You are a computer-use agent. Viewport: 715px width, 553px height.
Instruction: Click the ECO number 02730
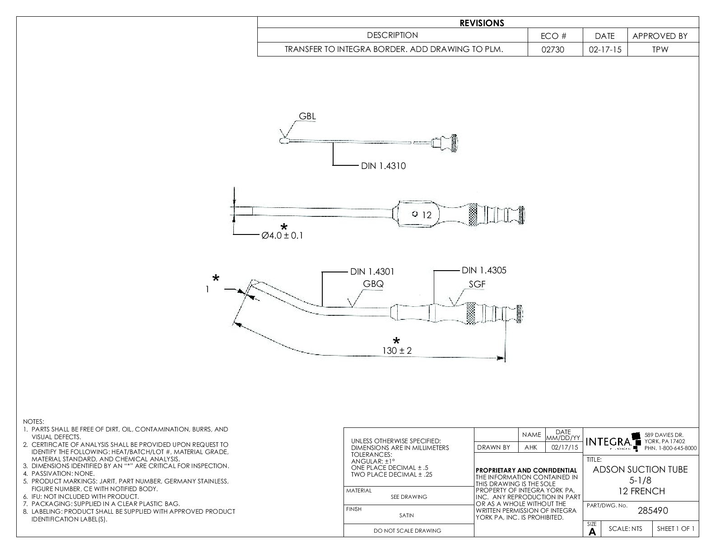point(555,50)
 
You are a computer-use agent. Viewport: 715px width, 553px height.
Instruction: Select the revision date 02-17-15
point(605,50)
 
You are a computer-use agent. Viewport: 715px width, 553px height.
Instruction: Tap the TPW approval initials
point(659,50)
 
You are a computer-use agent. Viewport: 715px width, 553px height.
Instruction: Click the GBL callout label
point(307,116)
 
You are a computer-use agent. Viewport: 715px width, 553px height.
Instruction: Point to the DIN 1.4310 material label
point(383,166)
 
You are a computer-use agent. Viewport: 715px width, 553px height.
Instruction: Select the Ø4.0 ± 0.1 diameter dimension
point(282,235)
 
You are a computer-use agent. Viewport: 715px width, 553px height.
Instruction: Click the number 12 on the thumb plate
point(427,215)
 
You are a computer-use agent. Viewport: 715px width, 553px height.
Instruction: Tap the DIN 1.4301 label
point(372,272)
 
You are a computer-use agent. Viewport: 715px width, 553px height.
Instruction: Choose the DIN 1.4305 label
point(484,270)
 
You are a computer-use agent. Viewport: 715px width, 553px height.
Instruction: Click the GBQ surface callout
point(373,284)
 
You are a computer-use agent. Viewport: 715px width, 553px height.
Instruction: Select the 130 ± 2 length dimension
point(397,351)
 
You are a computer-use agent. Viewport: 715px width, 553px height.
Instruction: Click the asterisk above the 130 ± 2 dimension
point(396,340)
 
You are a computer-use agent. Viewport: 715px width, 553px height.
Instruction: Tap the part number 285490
point(653,511)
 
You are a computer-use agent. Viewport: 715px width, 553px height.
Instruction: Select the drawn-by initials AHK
point(531,447)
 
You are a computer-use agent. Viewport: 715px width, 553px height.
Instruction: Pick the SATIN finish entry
point(407,515)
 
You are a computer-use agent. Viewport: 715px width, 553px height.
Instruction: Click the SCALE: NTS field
point(626,529)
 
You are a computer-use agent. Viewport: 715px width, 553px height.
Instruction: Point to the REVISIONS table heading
point(482,23)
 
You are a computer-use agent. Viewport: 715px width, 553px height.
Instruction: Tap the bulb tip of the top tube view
point(283,141)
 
